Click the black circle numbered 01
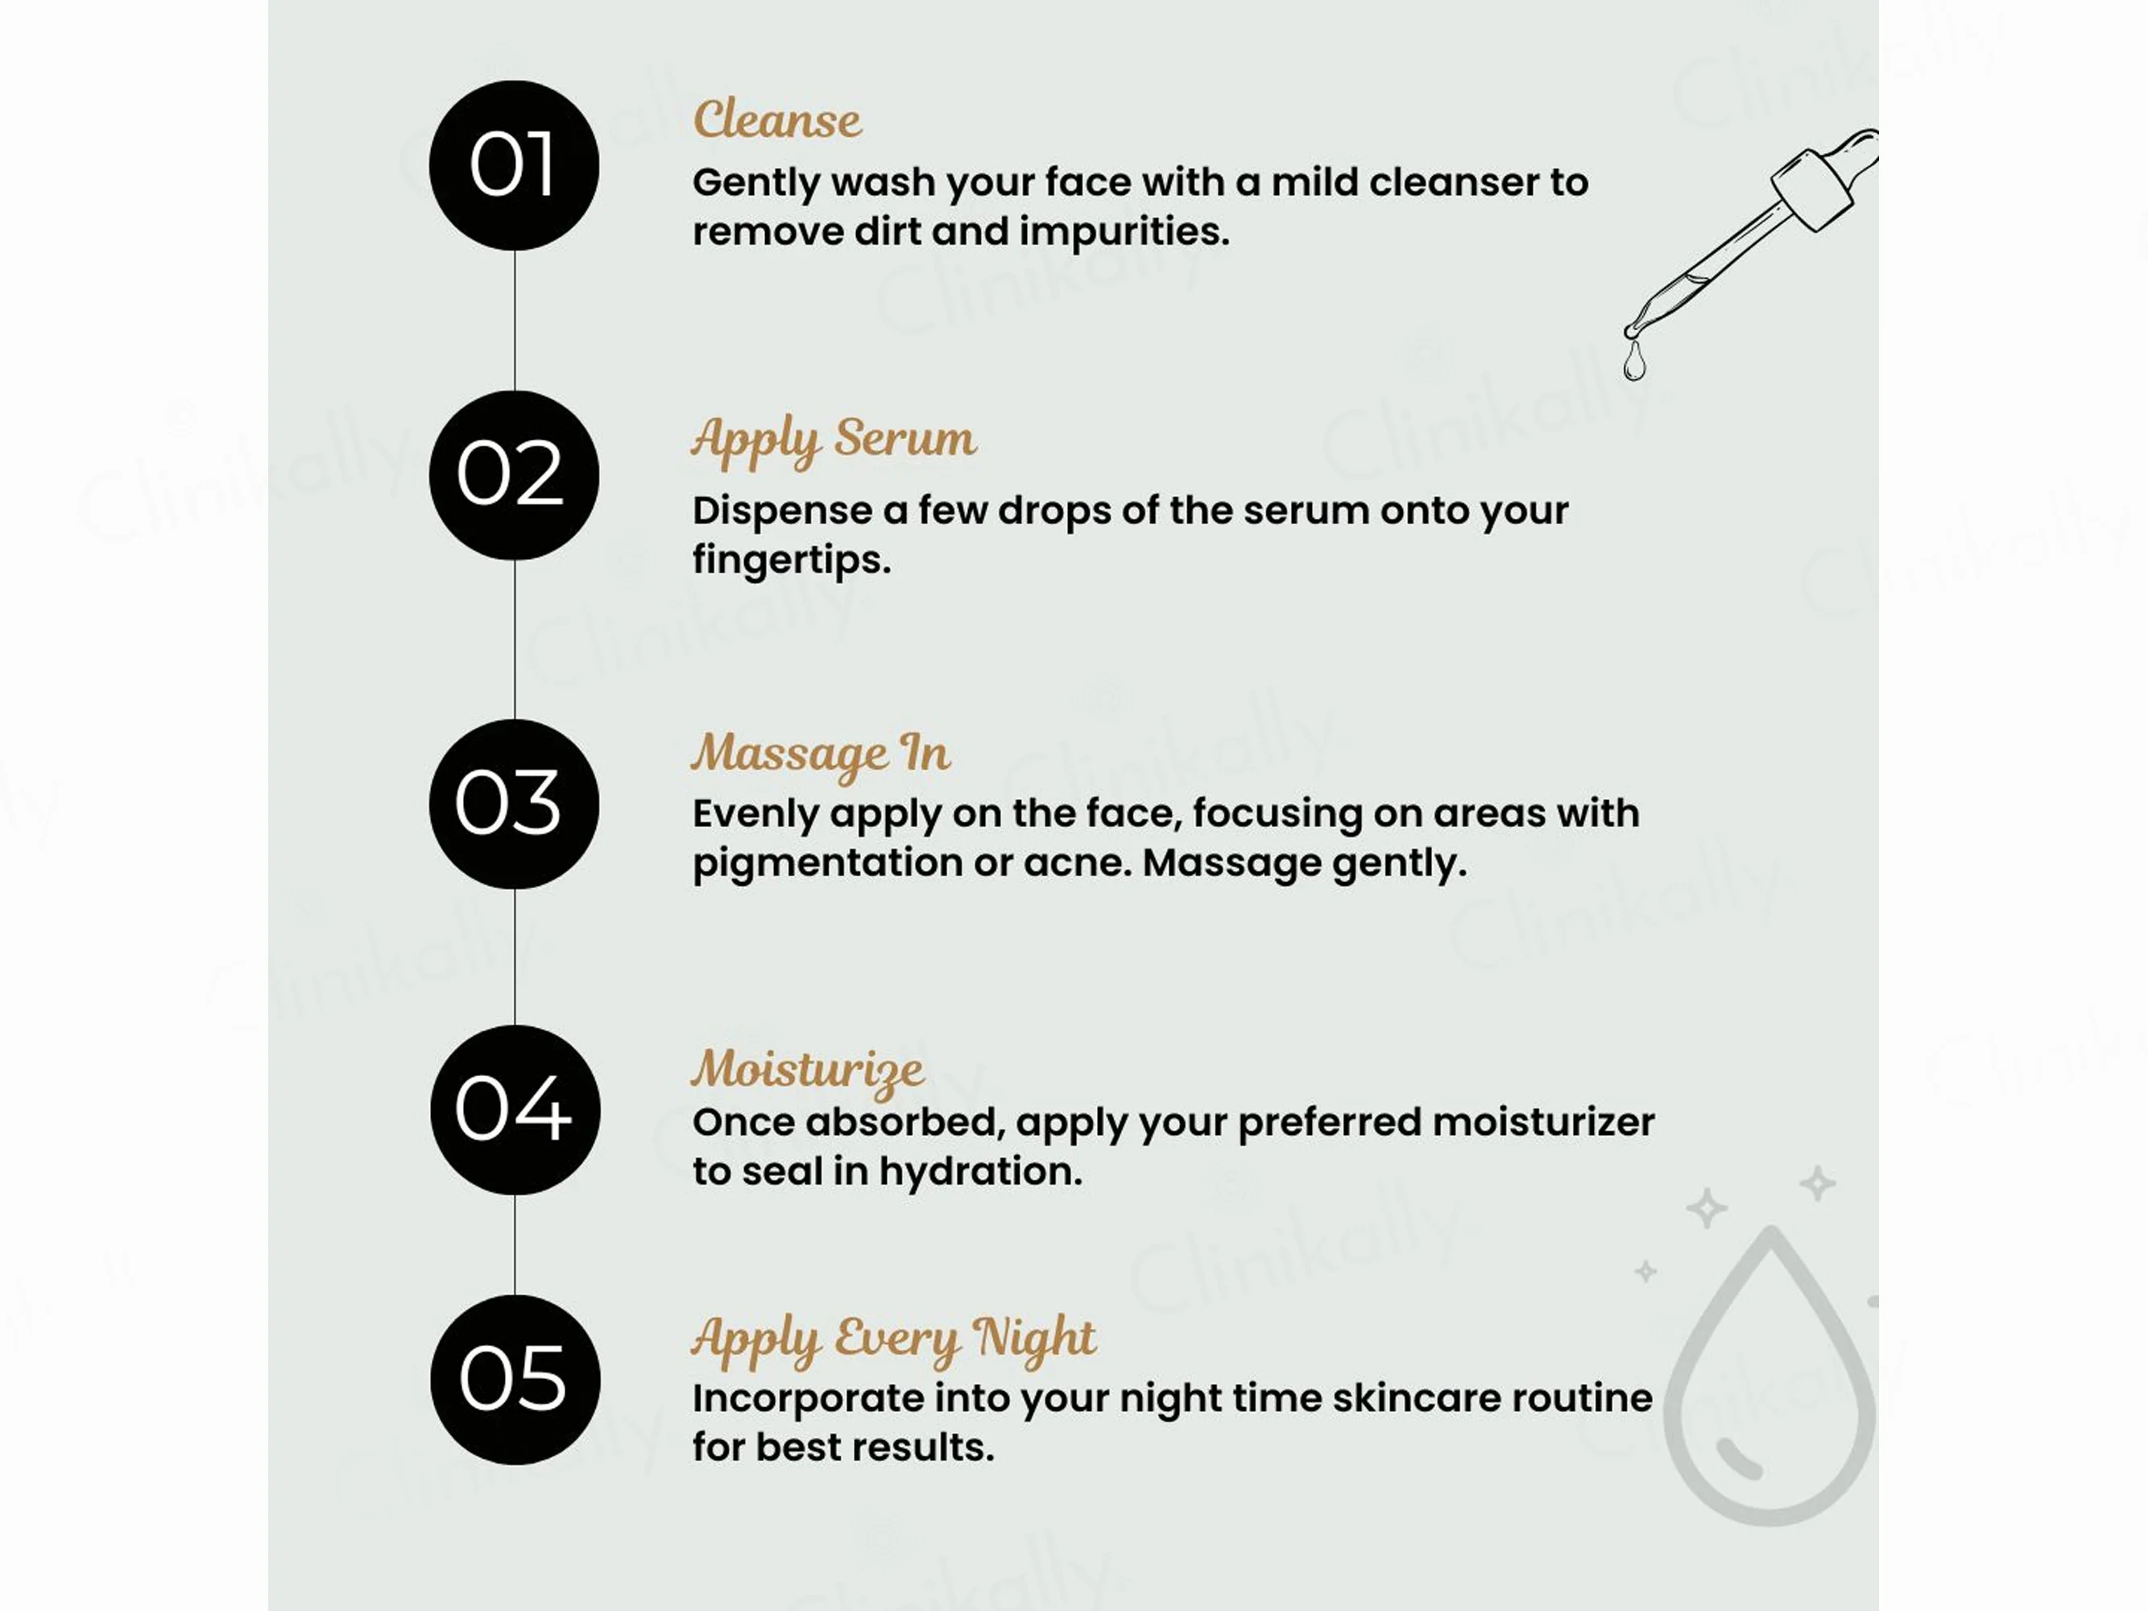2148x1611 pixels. point(514,165)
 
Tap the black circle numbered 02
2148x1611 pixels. point(514,475)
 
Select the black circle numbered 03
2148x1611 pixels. point(514,804)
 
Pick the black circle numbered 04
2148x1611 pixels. point(515,1110)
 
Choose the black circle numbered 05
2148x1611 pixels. point(515,1380)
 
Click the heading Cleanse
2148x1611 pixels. point(777,120)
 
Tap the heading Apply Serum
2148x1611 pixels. point(833,439)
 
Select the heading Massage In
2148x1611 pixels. point(822,755)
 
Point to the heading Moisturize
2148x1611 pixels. point(808,1071)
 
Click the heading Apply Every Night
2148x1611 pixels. point(893,1340)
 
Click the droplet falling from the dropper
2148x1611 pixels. point(1634,361)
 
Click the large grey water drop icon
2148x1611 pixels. point(1769,1375)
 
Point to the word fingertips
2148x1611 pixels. point(792,561)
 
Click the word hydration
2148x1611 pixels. point(981,1172)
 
